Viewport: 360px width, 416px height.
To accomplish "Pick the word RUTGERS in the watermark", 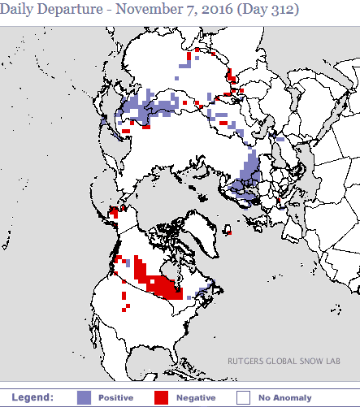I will pos(246,362).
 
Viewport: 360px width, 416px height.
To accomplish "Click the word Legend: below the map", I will pos(33,397).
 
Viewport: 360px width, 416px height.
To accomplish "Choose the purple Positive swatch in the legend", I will pos(84,398).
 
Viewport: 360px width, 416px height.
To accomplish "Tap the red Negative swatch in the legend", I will pos(162,398).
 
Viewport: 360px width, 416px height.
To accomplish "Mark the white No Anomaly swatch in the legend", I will pos(242,398).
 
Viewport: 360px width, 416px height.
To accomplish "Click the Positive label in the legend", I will pos(116,398).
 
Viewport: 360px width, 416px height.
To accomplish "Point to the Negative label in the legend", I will pos(196,398).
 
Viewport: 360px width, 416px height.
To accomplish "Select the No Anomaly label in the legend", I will pos(284,398).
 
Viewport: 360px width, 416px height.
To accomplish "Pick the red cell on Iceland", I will pos(229,232).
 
